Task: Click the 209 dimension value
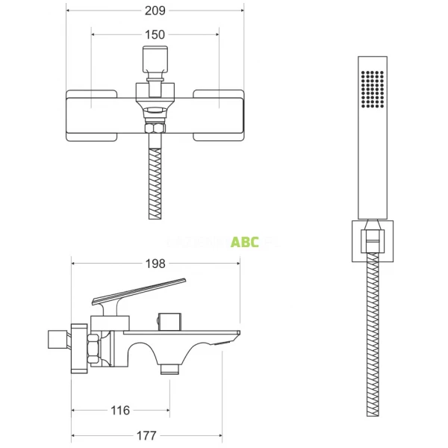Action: (x=155, y=10)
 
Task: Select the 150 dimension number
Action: (x=155, y=34)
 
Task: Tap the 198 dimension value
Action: (x=155, y=264)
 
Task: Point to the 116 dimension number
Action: (x=120, y=410)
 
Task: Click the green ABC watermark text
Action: (x=245, y=242)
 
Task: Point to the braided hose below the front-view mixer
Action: (x=155, y=183)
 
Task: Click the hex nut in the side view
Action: (x=94, y=349)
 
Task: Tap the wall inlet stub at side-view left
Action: (x=57, y=339)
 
